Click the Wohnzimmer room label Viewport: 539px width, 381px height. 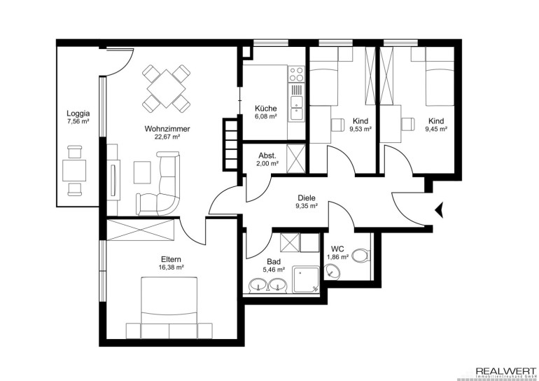167,129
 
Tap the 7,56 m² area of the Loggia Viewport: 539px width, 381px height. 78,120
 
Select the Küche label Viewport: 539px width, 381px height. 265,109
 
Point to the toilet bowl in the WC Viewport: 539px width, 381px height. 361,255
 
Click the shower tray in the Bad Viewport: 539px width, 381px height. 306,279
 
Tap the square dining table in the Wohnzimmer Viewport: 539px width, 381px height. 167,89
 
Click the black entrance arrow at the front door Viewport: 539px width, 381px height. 440,209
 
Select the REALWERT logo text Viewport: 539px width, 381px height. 505,372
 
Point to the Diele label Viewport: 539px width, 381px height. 307,198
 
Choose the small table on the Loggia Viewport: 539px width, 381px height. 74,170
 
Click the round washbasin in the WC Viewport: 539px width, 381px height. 332,271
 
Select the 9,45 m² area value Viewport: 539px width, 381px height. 436,130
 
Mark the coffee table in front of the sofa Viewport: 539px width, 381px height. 142,172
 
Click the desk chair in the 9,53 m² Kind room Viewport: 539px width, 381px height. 337,125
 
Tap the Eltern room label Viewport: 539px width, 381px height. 171,259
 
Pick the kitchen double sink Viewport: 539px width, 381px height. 296,108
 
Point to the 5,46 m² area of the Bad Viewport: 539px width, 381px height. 274,270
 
